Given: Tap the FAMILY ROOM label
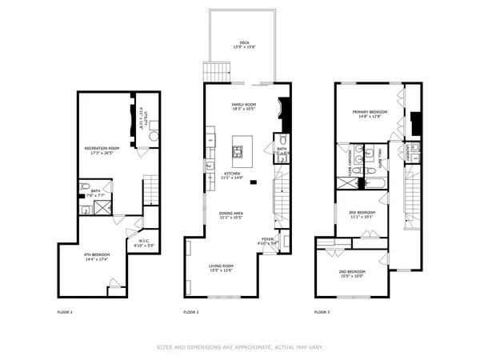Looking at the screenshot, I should tap(243, 105).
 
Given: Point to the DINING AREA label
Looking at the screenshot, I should tap(232, 213).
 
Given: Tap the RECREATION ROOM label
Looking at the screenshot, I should tap(102, 148).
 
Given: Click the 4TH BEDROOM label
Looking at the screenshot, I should tap(97, 254).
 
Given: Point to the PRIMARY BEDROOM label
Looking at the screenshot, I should tap(370, 112).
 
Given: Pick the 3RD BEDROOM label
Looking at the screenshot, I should tap(362, 212).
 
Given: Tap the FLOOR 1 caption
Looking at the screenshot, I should tap(65, 311).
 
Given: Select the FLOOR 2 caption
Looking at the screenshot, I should tap(190, 311).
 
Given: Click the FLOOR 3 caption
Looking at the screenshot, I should tap(322, 311).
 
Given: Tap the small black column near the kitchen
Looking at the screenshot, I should tap(253, 183).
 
